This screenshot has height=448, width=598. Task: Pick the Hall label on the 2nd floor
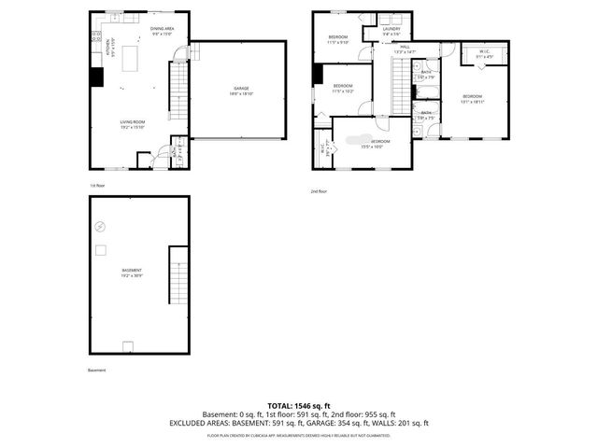[405, 49]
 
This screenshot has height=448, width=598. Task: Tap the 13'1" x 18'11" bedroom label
[472, 100]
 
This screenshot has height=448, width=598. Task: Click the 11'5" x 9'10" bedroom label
[337, 39]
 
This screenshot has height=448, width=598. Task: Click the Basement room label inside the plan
[131, 273]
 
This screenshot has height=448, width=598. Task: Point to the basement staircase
[178, 277]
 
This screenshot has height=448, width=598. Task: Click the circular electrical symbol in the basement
[101, 227]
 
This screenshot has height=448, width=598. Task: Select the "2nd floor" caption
[320, 191]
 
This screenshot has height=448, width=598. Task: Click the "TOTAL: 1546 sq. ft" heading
[299, 406]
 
